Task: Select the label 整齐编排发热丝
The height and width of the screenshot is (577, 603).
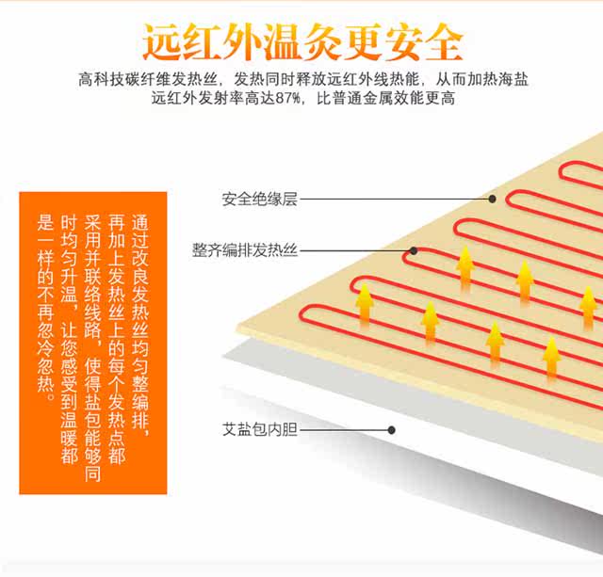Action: (x=245, y=250)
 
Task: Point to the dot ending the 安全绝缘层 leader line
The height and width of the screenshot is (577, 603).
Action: (x=492, y=199)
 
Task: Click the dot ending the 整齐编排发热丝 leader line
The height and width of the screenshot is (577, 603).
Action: (x=413, y=250)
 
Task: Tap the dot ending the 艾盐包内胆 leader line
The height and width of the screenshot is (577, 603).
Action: (x=391, y=430)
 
